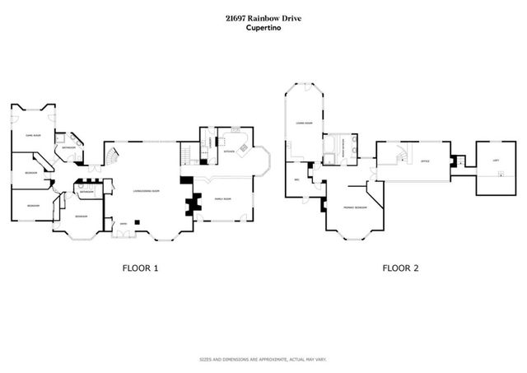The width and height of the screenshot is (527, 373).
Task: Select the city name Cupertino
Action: pos(263,28)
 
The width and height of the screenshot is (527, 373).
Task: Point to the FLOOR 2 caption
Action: pos(400,268)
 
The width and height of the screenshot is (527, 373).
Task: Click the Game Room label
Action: pos(34,122)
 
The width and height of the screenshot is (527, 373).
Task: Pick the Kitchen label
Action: pos(228,152)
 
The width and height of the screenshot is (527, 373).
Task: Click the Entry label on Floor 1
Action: pos(124,223)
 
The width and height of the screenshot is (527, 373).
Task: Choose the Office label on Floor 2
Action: pos(425,161)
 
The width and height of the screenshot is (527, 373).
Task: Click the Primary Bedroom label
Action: pos(355,208)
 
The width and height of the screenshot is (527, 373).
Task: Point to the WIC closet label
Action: pos(296,180)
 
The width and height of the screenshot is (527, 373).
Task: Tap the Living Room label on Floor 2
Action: pos(304,124)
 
